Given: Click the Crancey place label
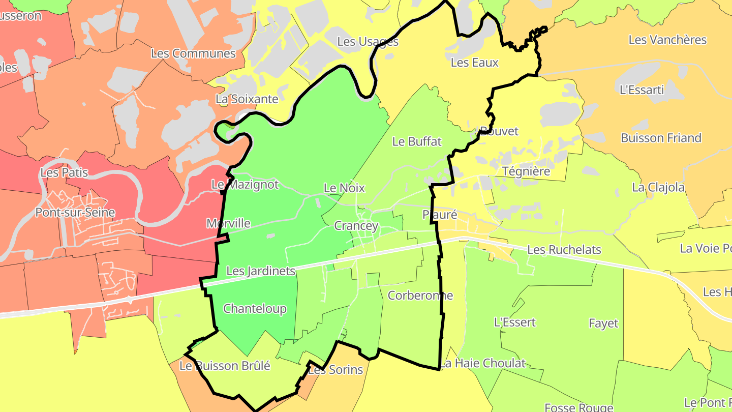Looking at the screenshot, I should click(x=356, y=226).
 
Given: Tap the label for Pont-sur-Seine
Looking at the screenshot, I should click(x=75, y=213).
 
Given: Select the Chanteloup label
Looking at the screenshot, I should click(x=255, y=309).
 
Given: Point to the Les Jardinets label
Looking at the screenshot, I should click(x=261, y=271).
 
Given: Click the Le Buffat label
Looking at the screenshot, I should click(x=417, y=142).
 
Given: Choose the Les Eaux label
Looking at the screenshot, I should click(x=475, y=63).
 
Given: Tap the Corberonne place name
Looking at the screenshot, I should click(x=420, y=296).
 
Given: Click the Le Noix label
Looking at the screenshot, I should click(x=344, y=188).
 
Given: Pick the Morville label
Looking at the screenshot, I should click(x=228, y=223).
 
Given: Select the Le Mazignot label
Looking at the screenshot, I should click(x=245, y=185).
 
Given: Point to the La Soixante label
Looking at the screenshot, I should click(x=247, y=99).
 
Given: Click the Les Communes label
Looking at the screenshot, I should click(x=193, y=53).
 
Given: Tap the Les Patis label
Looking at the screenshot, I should click(x=64, y=173).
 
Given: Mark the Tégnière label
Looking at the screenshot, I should click(x=526, y=171).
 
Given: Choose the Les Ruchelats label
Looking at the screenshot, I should click(x=564, y=250).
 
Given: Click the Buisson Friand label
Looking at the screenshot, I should click(x=661, y=138).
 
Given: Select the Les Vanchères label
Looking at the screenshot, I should click(x=667, y=40).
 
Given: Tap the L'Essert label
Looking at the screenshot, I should click(x=515, y=322).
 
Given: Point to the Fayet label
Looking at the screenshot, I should click(x=603, y=323).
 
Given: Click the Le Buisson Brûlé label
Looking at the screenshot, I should click(x=225, y=366).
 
